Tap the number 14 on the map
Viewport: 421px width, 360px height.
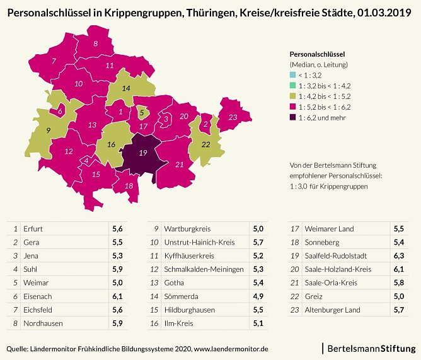point(126,88)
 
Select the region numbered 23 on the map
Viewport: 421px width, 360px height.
point(233,117)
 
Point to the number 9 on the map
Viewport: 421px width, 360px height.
point(48,130)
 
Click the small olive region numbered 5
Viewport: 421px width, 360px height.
point(142,113)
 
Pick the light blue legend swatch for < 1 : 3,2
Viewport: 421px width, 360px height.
point(292,75)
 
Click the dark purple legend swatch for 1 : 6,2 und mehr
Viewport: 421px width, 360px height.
point(292,117)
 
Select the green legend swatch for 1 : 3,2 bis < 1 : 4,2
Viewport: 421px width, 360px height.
point(292,85)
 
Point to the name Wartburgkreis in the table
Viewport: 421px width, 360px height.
point(187,229)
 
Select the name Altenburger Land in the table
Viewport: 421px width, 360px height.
point(333,310)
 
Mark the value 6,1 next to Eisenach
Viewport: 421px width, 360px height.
point(118,296)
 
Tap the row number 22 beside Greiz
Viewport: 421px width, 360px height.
point(294,296)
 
